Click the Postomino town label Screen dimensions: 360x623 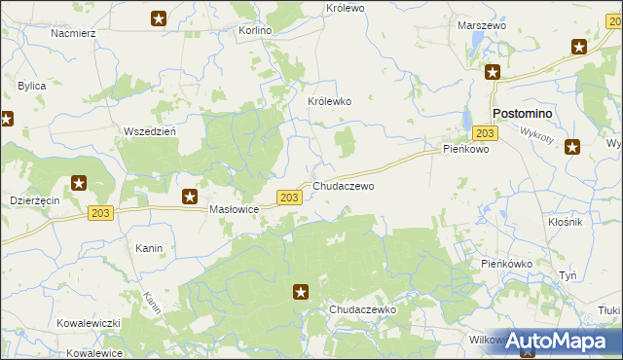pos(523,114)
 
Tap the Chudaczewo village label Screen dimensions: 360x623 pos(343,185)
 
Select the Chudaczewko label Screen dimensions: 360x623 pos(361,308)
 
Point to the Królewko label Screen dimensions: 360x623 pos(329,101)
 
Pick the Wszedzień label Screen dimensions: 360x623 pos(149,131)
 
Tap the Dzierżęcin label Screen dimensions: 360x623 pos(35,198)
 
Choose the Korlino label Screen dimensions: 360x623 pos(255,31)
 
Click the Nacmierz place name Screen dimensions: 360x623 pos(73,33)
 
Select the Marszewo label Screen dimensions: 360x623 pos(482,26)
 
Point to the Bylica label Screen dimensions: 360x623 pos(32,87)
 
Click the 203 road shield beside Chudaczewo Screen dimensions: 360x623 pos(288,198)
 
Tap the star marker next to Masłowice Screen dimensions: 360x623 pos(191,197)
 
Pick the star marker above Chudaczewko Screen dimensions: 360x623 pos(302,291)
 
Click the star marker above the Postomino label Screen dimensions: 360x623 pos(494,72)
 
